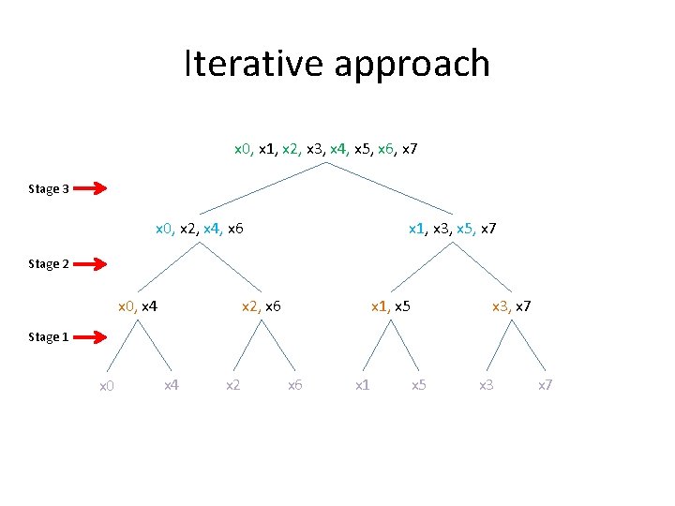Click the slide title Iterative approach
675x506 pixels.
[337, 64]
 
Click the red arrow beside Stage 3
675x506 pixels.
[91, 189]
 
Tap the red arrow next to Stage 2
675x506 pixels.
[91, 264]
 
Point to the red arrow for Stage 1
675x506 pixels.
[91, 336]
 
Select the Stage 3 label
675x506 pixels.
[49, 189]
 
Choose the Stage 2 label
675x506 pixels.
[49, 264]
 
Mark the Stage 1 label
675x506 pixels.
[49, 336]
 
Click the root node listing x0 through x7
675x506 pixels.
[325, 149]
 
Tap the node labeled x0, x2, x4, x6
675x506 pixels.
[199, 228]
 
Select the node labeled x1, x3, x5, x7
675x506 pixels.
[452, 228]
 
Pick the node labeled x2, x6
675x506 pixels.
[262, 305]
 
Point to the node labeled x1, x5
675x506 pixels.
[391, 305]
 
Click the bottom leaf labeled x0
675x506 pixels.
[107, 385]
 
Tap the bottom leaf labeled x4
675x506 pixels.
[172, 384]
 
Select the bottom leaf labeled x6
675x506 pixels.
[294, 384]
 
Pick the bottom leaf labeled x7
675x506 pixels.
[545, 384]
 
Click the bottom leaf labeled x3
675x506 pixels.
[486, 384]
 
